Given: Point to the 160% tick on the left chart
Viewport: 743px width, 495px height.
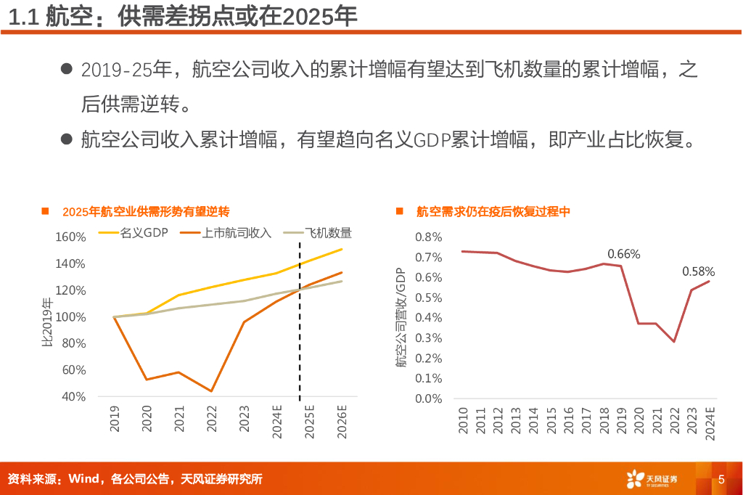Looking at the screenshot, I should click(x=70, y=237).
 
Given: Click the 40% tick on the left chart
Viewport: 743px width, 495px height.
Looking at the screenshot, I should click(x=73, y=396).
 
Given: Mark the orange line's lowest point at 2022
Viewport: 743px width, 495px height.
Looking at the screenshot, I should click(x=211, y=391).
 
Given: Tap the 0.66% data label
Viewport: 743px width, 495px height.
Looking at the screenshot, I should click(x=623, y=254).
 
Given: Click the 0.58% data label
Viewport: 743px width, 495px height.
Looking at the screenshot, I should click(x=698, y=271).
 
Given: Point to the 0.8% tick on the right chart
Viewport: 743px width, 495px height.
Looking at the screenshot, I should click(x=428, y=237).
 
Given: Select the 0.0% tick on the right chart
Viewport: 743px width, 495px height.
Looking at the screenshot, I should click(x=428, y=398).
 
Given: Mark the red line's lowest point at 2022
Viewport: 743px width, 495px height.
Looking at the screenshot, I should click(x=674, y=341).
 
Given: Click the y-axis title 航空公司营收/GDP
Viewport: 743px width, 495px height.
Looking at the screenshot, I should click(x=401, y=317).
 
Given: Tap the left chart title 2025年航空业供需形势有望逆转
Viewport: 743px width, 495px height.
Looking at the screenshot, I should click(x=146, y=212).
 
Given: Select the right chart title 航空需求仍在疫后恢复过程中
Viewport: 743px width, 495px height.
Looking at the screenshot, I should click(x=493, y=212).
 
